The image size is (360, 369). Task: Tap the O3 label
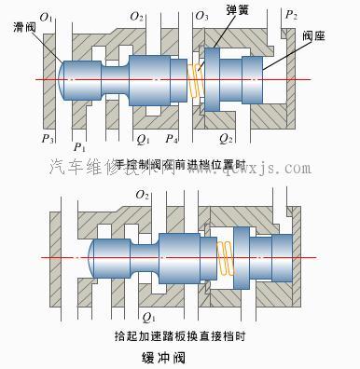click(x=201, y=17)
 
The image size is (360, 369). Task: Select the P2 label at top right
click(x=292, y=17)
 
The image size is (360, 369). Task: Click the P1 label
click(x=79, y=146)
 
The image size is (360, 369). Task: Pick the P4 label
click(x=171, y=142)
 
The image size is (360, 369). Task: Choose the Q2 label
click(x=225, y=142)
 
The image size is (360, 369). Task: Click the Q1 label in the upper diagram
click(x=142, y=142)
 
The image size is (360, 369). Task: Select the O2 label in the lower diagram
click(x=142, y=195)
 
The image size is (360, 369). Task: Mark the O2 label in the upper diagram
click(x=136, y=17)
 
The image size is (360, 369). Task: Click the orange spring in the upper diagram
click(x=194, y=82)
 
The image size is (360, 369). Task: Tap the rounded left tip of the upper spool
click(x=63, y=78)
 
